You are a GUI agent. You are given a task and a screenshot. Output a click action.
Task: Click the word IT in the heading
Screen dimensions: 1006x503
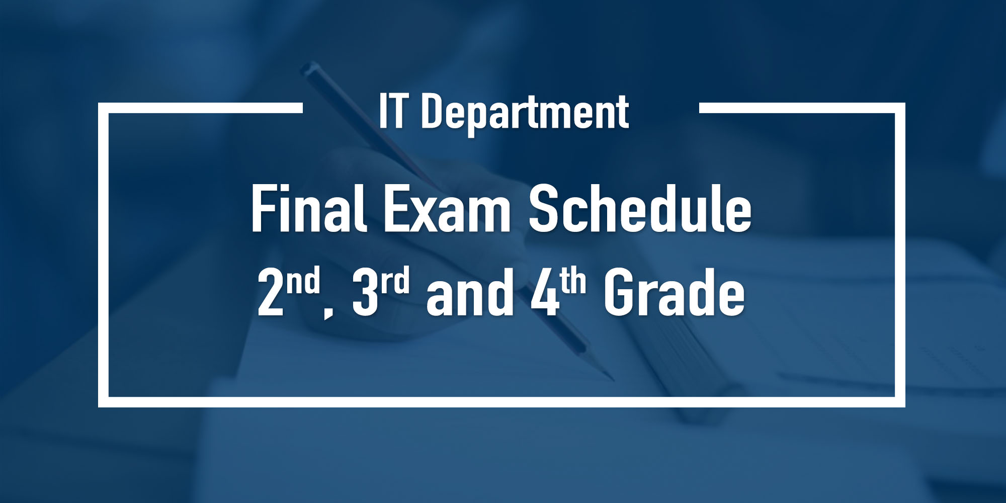point(392,111)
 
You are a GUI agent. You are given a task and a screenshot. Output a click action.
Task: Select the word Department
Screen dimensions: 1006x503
point(525,114)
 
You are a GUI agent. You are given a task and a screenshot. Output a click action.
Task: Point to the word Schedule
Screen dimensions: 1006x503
point(640,208)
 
